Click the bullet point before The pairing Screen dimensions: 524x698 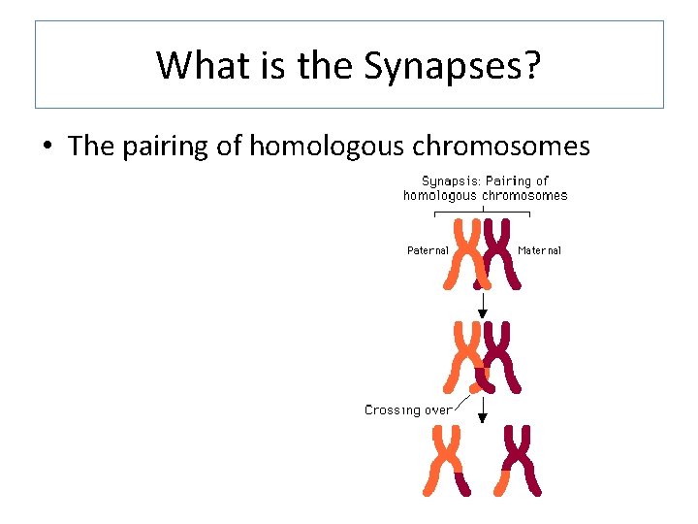coord(47,147)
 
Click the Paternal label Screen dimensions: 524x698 coord(428,250)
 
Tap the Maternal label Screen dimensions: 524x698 coord(540,250)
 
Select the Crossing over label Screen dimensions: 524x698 coord(408,410)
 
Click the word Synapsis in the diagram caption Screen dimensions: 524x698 coord(451,180)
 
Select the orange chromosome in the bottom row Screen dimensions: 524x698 coord(443,460)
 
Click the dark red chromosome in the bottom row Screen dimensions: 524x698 coord(520,460)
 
